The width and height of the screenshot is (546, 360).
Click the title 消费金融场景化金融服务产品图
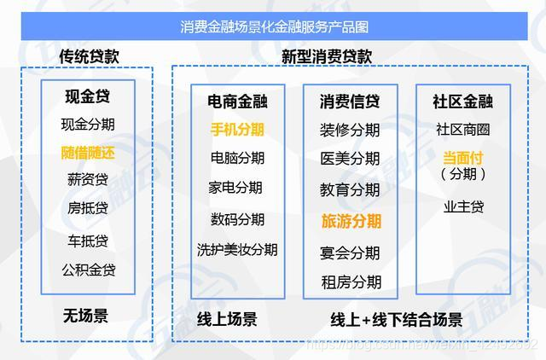274,26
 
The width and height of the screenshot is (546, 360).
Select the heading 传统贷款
88,55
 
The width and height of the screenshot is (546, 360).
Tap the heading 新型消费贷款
327,55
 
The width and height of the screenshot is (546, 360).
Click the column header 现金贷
88,96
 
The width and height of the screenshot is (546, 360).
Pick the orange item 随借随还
88,154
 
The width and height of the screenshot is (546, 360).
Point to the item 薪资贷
88,180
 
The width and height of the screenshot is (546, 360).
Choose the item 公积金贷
88,270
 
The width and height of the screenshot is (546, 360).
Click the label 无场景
85,316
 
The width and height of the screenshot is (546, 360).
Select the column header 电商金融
237,102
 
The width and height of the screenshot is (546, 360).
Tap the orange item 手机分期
237,130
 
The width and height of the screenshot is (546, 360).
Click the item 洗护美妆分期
237,250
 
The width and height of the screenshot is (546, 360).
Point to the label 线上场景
227,320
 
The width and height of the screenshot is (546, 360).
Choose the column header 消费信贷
351,102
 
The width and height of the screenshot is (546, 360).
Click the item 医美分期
351,159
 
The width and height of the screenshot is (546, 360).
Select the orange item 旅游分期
351,221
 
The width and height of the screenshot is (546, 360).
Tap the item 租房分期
351,282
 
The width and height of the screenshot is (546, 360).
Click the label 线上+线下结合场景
396,320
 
